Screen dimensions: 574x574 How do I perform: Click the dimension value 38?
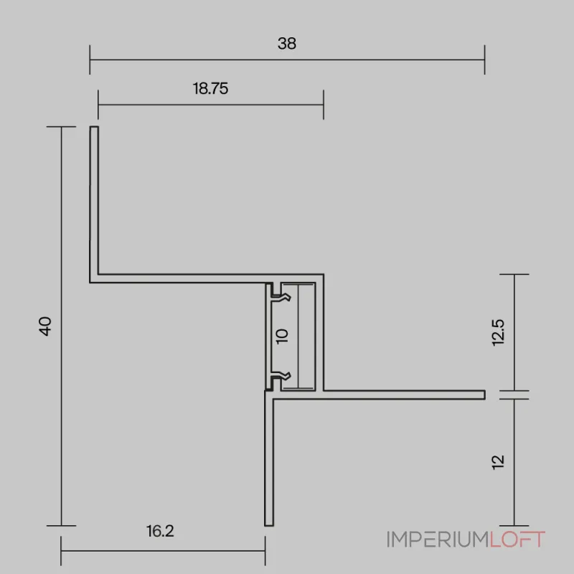[x=286, y=44]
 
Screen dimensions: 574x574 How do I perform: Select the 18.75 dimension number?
[x=210, y=88]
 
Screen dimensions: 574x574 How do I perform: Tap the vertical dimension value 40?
[x=45, y=326]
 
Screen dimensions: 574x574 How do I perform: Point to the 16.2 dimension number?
[x=160, y=531]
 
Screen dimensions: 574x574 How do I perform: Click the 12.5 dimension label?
[x=498, y=332]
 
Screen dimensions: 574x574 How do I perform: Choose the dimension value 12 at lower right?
[x=498, y=462]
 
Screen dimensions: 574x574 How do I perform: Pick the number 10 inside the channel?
[x=282, y=336]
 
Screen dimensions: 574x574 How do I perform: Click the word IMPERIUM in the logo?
[x=438, y=540]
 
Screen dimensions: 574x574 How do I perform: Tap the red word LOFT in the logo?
[x=517, y=540]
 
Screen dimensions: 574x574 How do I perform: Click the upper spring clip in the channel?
[x=281, y=297]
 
